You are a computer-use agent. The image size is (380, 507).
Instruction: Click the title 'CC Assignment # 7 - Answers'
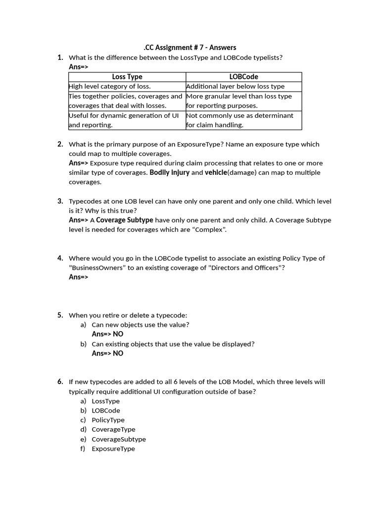[190, 48]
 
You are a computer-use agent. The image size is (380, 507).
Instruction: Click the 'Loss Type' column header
[127, 77]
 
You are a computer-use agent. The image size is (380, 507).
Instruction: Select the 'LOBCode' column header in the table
[243, 77]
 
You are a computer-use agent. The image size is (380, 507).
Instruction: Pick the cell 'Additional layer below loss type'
[236, 86]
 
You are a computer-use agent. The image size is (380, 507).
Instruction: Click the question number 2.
[60, 144]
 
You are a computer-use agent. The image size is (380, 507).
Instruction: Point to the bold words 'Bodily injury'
[169, 173]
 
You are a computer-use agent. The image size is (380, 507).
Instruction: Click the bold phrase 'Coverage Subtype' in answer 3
[125, 220]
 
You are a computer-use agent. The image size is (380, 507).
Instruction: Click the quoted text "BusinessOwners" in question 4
[93, 268]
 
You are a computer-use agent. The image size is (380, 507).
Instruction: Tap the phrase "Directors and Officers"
[246, 268]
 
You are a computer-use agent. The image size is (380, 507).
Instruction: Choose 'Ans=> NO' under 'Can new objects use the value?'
[107, 334]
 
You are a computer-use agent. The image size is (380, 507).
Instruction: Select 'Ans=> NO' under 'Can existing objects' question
[107, 354]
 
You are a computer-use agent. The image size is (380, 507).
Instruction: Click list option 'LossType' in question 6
[105, 401]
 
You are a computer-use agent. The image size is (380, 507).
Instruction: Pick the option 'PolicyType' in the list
[108, 420]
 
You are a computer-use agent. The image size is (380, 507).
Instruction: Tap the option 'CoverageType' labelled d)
[113, 429]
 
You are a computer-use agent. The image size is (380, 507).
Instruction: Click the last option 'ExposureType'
[113, 449]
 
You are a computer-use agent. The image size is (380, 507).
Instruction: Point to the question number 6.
[60, 382]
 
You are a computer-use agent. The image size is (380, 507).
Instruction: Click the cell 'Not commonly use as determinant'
[239, 115]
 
